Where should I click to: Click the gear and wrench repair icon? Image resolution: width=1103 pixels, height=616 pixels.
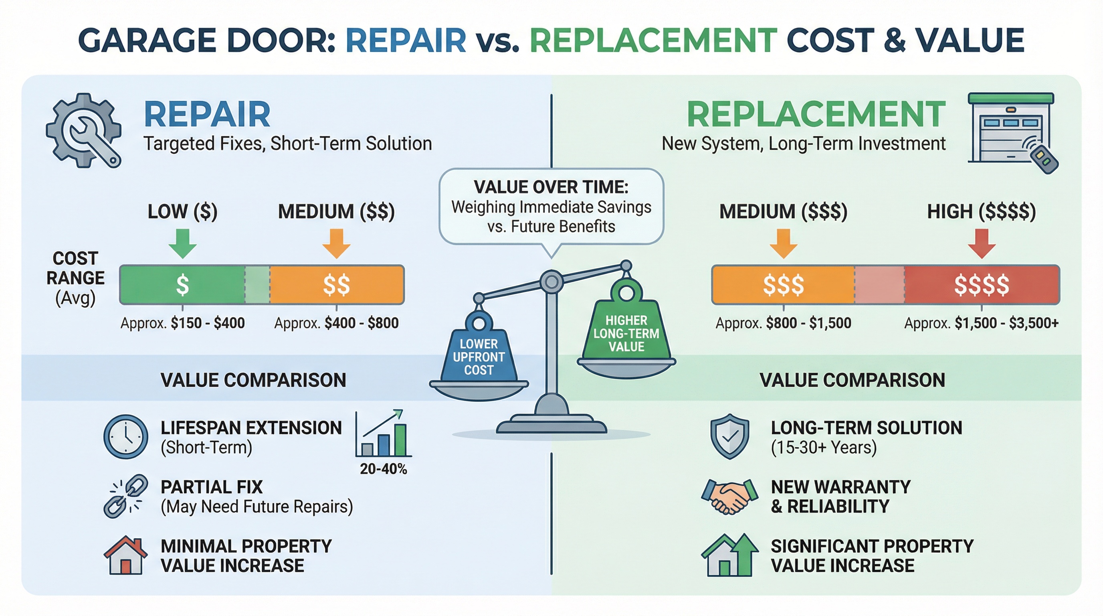click(x=84, y=130)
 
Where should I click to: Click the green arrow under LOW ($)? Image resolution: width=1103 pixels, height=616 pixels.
click(x=182, y=243)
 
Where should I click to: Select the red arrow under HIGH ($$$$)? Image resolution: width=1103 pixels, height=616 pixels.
click(x=982, y=243)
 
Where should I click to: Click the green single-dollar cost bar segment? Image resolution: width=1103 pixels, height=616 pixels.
click(x=182, y=285)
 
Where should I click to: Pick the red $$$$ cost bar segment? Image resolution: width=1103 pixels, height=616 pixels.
click(x=982, y=285)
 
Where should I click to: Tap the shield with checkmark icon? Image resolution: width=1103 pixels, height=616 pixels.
click(x=729, y=436)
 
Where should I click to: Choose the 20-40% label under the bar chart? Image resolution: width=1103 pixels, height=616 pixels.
click(x=383, y=469)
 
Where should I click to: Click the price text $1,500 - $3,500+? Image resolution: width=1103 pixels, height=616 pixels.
click(x=1006, y=323)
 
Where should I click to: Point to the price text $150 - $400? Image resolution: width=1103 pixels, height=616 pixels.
click(x=208, y=323)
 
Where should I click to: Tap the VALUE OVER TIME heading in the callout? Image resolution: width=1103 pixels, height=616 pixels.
click(x=551, y=187)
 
